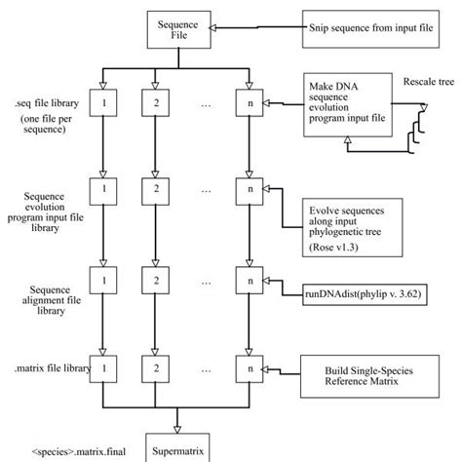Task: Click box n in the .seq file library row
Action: point(249,101)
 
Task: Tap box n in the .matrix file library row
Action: point(249,369)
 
